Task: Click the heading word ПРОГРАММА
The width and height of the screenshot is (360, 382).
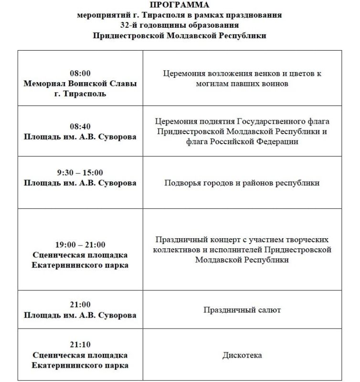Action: tap(179, 5)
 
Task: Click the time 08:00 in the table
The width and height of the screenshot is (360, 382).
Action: tap(80, 74)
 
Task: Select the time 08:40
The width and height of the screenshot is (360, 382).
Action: tap(80, 127)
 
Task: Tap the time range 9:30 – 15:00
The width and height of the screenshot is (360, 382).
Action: tap(80, 173)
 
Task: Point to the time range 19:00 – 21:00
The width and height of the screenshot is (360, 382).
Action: tap(80, 245)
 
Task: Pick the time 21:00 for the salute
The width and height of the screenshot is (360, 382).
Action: tap(80, 305)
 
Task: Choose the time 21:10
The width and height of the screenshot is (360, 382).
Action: tap(80, 345)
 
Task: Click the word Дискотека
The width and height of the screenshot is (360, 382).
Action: tap(242, 355)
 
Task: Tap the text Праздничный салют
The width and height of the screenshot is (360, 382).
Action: tap(242, 310)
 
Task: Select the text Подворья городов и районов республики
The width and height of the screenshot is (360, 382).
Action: tap(242, 183)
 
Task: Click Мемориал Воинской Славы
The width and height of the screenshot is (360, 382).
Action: tap(80, 84)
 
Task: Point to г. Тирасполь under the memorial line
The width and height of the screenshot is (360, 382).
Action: tap(80, 94)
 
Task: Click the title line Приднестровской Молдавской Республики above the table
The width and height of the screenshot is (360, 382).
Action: tap(179, 35)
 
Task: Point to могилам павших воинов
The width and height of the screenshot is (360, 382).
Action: tap(242, 84)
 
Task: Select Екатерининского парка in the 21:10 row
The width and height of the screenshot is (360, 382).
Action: tap(80, 366)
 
